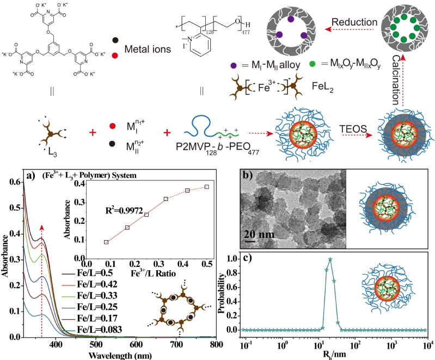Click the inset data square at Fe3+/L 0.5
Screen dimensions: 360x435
pyautogui.click(x=207, y=187)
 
